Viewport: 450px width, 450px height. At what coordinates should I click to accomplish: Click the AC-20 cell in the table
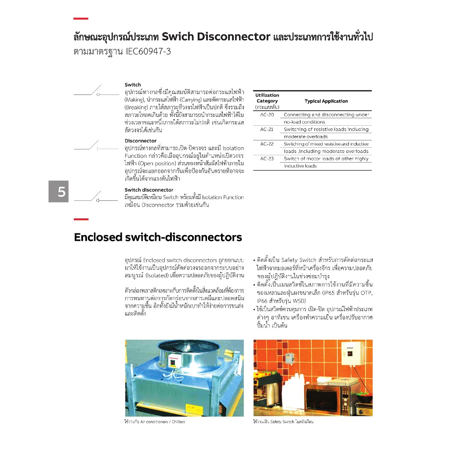pos(267,115)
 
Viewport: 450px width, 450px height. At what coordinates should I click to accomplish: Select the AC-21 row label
pos(267,129)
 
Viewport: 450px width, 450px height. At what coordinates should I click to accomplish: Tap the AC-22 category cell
pos(267,144)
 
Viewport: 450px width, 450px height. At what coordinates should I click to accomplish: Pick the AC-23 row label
pos(267,159)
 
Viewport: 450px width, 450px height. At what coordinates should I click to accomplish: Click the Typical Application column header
pos(326,101)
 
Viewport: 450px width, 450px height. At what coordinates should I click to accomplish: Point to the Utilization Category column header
pos(267,101)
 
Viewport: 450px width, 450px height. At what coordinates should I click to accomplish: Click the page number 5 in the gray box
pos(61,192)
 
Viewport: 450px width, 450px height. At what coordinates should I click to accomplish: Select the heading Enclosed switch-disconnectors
pos(158,237)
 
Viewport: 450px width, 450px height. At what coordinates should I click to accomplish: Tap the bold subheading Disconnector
pos(141,141)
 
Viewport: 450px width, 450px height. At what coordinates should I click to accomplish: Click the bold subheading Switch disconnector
pos(149,190)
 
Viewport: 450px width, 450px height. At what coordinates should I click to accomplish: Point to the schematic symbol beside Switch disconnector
pos(96,198)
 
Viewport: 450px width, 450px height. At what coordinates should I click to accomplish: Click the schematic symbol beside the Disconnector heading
pos(96,146)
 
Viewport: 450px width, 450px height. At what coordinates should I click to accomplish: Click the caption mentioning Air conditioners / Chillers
pos(155,422)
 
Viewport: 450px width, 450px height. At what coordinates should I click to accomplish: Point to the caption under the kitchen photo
pos(283,422)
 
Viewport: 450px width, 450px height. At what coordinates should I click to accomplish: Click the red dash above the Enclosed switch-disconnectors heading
pos(81,219)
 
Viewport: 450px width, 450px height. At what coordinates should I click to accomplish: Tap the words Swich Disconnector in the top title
pos(216,36)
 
